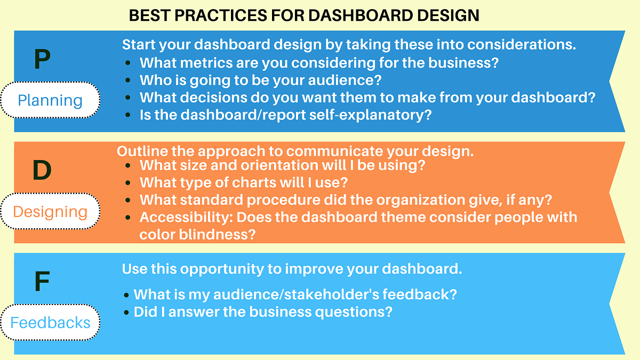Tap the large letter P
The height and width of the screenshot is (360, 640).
point(42,60)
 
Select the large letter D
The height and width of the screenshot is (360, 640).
point(42,170)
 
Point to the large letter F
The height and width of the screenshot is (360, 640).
point(42,282)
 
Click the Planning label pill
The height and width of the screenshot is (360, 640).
point(50,100)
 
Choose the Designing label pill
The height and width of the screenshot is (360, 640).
point(50,212)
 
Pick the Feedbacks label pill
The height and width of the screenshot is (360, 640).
point(50,323)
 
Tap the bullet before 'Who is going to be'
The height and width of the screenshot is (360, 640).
point(128,81)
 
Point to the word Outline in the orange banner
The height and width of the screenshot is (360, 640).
point(140,151)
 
